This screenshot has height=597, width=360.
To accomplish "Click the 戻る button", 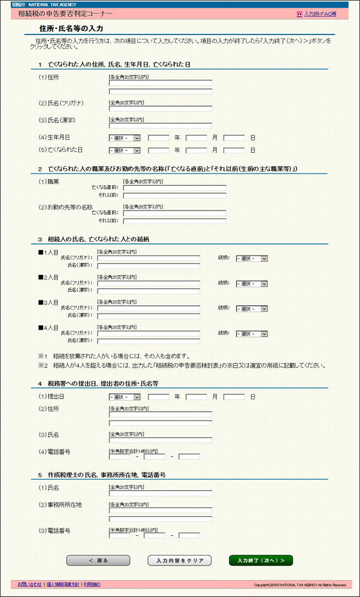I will click(98, 560).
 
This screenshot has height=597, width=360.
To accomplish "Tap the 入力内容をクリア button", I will click(179, 560).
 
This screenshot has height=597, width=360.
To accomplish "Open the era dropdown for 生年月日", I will click(124, 138).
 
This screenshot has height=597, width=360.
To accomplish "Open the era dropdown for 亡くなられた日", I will click(124, 150).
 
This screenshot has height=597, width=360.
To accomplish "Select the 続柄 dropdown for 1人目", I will click(252, 259).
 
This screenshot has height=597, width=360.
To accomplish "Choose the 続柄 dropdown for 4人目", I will click(252, 333).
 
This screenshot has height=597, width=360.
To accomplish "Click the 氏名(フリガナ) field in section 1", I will click(160, 109).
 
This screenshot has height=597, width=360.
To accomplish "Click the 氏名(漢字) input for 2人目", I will click(149, 291).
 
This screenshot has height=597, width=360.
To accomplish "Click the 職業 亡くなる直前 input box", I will click(175, 188).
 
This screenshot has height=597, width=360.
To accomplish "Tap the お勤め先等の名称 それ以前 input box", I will click(175, 221).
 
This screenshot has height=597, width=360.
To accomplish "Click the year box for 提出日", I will click(158, 397).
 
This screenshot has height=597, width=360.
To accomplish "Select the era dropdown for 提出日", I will click(124, 397).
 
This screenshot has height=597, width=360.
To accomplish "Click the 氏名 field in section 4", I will click(160, 440).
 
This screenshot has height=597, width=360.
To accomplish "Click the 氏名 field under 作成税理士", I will click(160, 493).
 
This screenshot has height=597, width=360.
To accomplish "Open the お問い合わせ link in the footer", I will click(30, 584).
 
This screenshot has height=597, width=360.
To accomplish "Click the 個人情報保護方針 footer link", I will click(63, 584).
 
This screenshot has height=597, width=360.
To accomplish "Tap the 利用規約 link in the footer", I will click(92, 584).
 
